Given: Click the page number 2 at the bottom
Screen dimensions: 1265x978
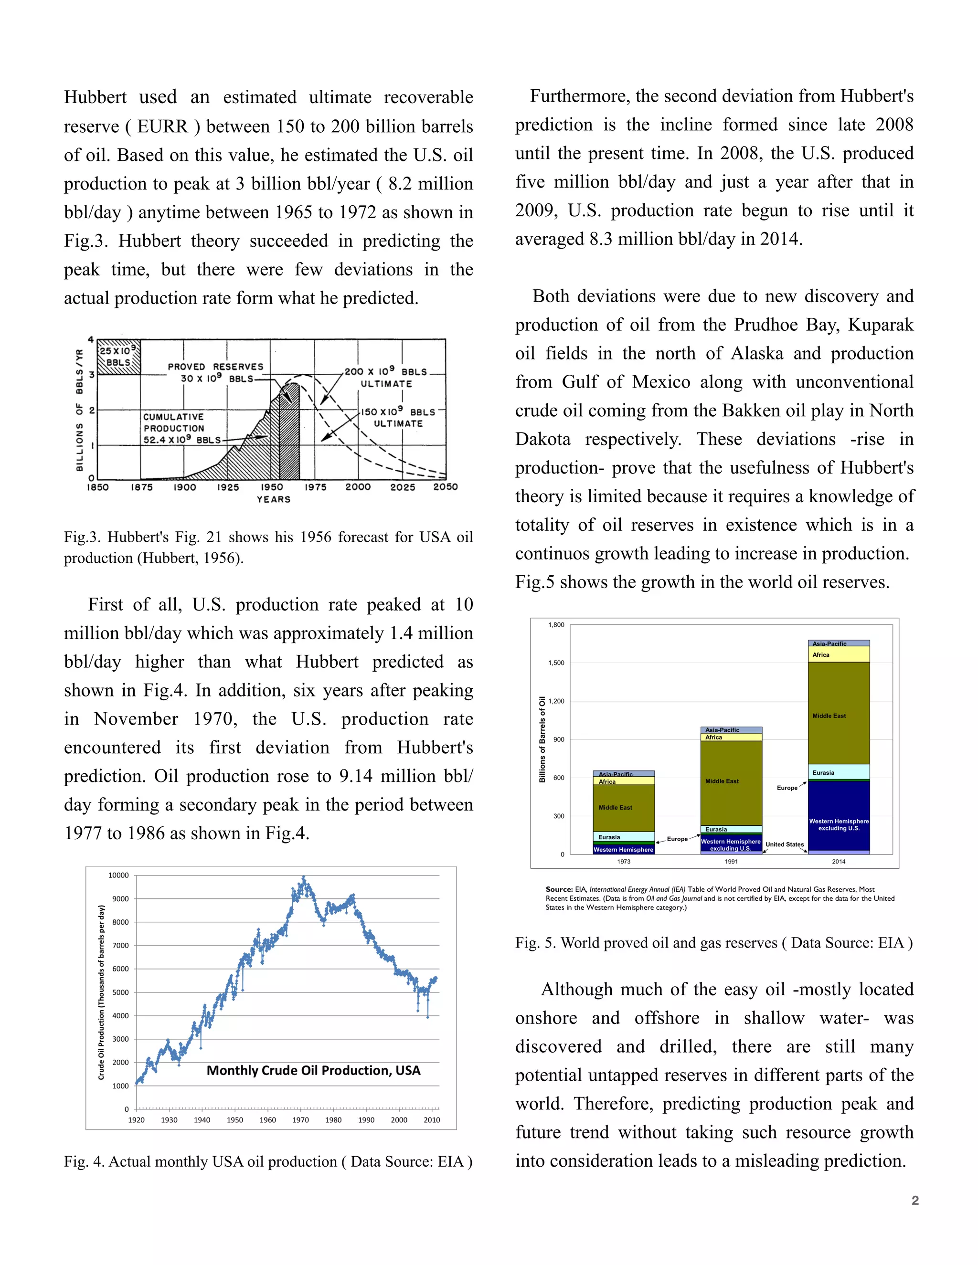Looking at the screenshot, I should tap(915, 1201).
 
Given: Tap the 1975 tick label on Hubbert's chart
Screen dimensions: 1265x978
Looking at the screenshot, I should tap(315, 487).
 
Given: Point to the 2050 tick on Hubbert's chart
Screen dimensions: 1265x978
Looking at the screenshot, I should tap(446, 487).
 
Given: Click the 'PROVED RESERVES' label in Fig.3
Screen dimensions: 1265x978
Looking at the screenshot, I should tap(215, 367).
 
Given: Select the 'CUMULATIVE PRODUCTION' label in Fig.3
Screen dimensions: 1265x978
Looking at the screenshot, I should tap(174, 422).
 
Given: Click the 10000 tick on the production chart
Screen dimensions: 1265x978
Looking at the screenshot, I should tap(118, 875).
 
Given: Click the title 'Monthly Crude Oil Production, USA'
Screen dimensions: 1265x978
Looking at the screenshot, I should tap(313, 1070).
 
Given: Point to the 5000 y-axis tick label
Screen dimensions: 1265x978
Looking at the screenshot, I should tap(120, 992).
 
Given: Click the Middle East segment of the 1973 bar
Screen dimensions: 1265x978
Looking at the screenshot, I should tap(623, 807).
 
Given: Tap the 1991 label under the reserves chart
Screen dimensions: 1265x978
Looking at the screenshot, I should tap(731, 862).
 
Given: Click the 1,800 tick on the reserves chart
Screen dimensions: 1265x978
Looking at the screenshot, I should tap(556, 625).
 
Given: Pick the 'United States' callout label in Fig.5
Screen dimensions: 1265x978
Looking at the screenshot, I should tap(785, 844).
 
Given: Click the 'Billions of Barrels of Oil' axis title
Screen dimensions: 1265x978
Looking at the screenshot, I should tap(542, 739).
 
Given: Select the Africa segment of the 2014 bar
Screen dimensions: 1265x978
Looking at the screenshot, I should tap(839, 654).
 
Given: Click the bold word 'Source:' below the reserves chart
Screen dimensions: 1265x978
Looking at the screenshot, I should tap(559, 889).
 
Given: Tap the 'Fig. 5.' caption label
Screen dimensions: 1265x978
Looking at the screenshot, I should tap(535, 943).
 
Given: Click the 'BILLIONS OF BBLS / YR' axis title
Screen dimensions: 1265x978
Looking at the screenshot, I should tap(80, 410).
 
